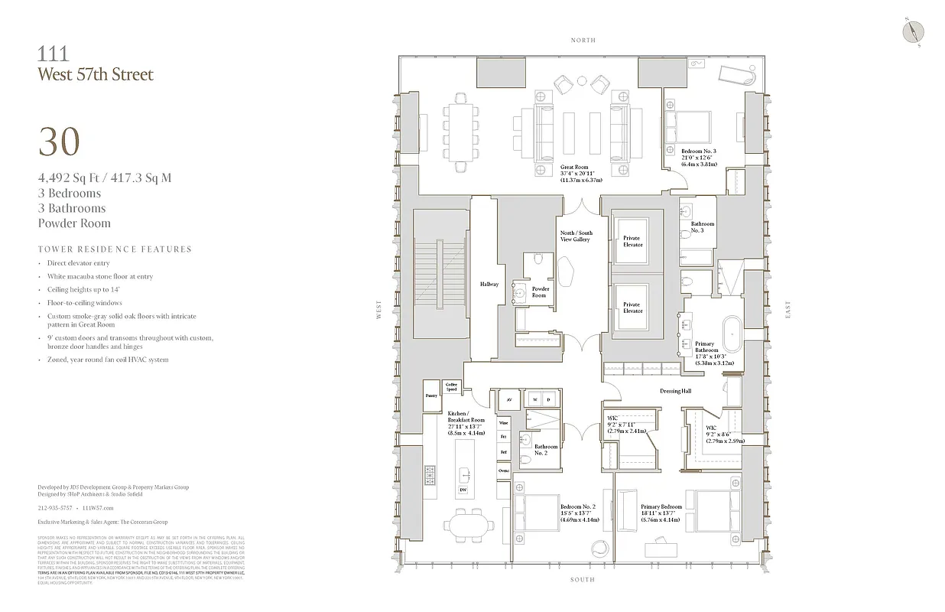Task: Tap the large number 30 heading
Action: click(59, 142)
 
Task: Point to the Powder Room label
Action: click(540, 292)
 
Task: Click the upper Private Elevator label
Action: click(632, 242)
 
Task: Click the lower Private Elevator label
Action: click(632, 308)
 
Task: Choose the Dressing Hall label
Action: click(675, 391)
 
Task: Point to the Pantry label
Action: click(430, 396)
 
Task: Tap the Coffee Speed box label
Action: click(451, 388)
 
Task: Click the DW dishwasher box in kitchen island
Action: click(463, 490)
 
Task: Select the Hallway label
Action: click(489, 285)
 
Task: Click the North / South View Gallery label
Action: click(576, 236)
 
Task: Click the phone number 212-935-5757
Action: click(55, 507)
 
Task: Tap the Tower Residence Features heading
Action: click(115, 249)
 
